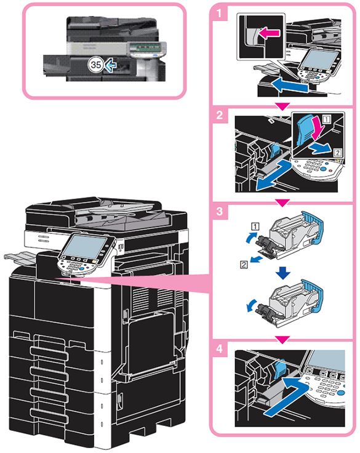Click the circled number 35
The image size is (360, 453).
tap(95, 65)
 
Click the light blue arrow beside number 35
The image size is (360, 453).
tap(110, 65)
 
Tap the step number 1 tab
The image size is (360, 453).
tap(220, 13)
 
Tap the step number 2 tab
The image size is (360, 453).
tap(220, 115)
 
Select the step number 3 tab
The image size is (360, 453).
tap(220, 212)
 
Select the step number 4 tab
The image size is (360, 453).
tap(220, 349)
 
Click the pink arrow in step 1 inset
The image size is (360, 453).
tap(270, 33)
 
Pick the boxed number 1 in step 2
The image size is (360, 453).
tap(327, 119)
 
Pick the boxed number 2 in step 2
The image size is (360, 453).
tap(337, 152)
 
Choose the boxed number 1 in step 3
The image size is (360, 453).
tap(255, 226)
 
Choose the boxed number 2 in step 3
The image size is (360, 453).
tap(244, 264)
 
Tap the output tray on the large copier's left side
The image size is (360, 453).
tap(20, 258)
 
